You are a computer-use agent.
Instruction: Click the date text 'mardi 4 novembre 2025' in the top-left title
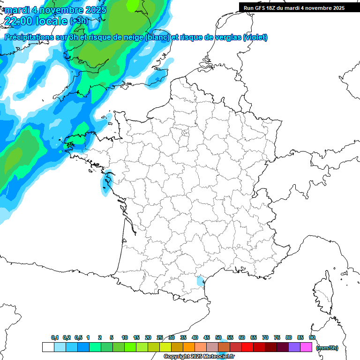55,9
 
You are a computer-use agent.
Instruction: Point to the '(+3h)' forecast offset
78,21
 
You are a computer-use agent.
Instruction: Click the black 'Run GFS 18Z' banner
294,7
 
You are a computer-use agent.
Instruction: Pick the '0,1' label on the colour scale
55,337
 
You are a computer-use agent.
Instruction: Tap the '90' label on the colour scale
312,337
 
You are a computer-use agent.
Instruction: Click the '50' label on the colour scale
218,337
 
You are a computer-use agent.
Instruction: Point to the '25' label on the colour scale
160,337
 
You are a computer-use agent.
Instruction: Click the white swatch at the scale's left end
48,347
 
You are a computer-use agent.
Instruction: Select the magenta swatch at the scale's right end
306,347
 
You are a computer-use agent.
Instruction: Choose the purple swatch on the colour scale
294,347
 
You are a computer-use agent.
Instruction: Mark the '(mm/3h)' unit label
327,347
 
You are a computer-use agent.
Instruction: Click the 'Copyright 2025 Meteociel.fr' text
199,356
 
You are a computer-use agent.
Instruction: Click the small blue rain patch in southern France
201,281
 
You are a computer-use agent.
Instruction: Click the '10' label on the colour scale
125,337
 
